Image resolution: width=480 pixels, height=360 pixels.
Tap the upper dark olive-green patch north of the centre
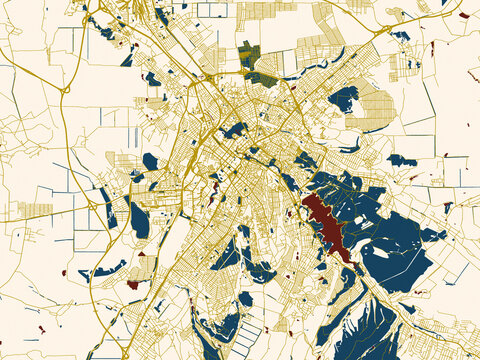(249, 54)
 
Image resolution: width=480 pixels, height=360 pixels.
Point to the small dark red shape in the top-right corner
(463, 15)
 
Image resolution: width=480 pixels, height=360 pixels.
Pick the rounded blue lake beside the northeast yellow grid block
(343, 98)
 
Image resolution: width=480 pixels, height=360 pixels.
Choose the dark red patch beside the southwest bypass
(132, 284)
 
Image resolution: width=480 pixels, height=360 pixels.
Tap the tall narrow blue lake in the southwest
(140, 220)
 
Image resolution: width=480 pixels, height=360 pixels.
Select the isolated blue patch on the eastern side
(401, 160)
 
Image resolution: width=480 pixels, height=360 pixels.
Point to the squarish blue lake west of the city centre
(150, 161)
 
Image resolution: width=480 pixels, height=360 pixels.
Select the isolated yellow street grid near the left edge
(34, 210)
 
